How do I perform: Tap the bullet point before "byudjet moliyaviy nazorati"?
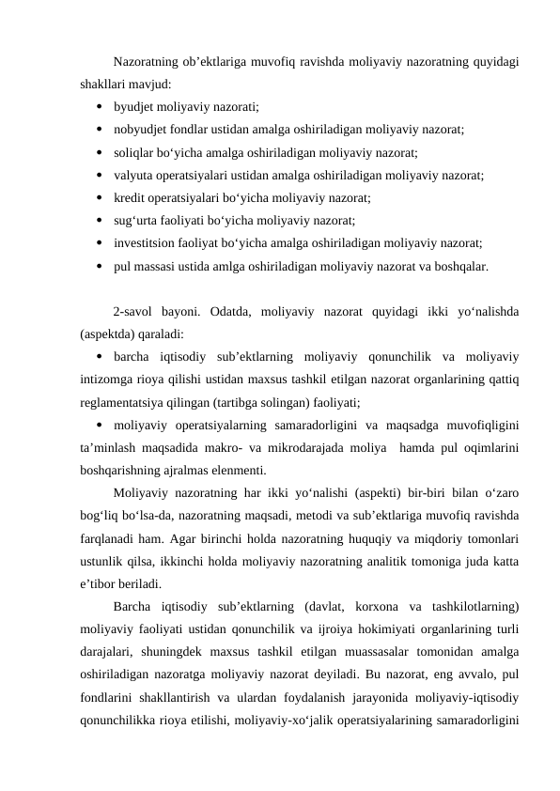pos(99,107)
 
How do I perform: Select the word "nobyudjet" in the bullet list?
pos(139,130)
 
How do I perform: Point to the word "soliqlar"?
pos(134,152)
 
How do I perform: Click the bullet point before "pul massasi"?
pos(99,266)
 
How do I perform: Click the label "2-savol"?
pos(133,312)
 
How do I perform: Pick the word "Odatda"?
pos(232,312)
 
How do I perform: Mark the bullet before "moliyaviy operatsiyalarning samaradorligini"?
pos(99,426)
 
